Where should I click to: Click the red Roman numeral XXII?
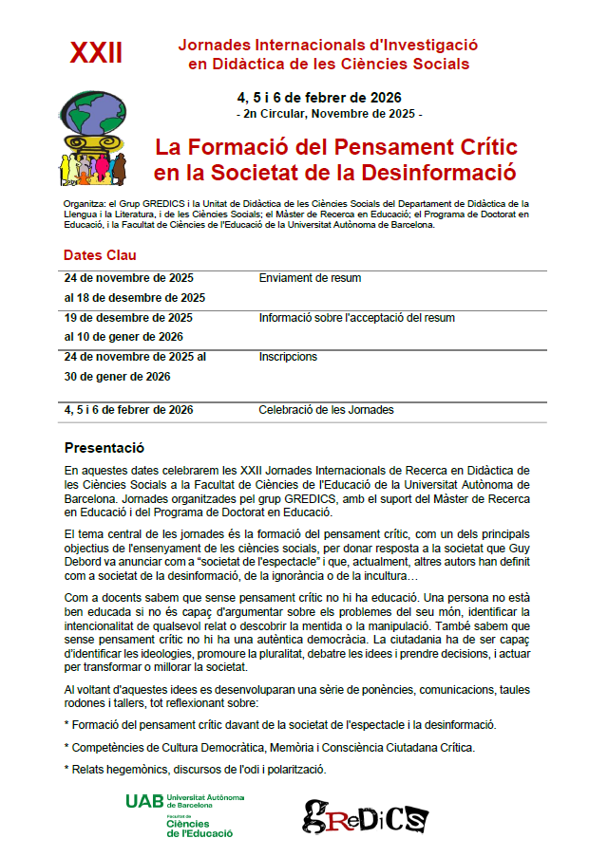tap(96, 53)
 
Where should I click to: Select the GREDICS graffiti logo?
tap(366, 814)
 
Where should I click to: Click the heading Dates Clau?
tap(100, 255)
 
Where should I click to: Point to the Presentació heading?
tap(104, 447)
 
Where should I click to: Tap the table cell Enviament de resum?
tap(310, 278)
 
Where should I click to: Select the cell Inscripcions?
tap(288, 357)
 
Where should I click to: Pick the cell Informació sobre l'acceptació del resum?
tap(356, 318)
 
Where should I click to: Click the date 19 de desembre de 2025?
tap(128, 318)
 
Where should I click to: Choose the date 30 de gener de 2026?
tap(117, 377)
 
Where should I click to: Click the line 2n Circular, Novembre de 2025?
tap(328, 114)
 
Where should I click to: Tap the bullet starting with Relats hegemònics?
tap(195, 769)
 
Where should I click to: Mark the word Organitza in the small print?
tap(82, 203)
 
